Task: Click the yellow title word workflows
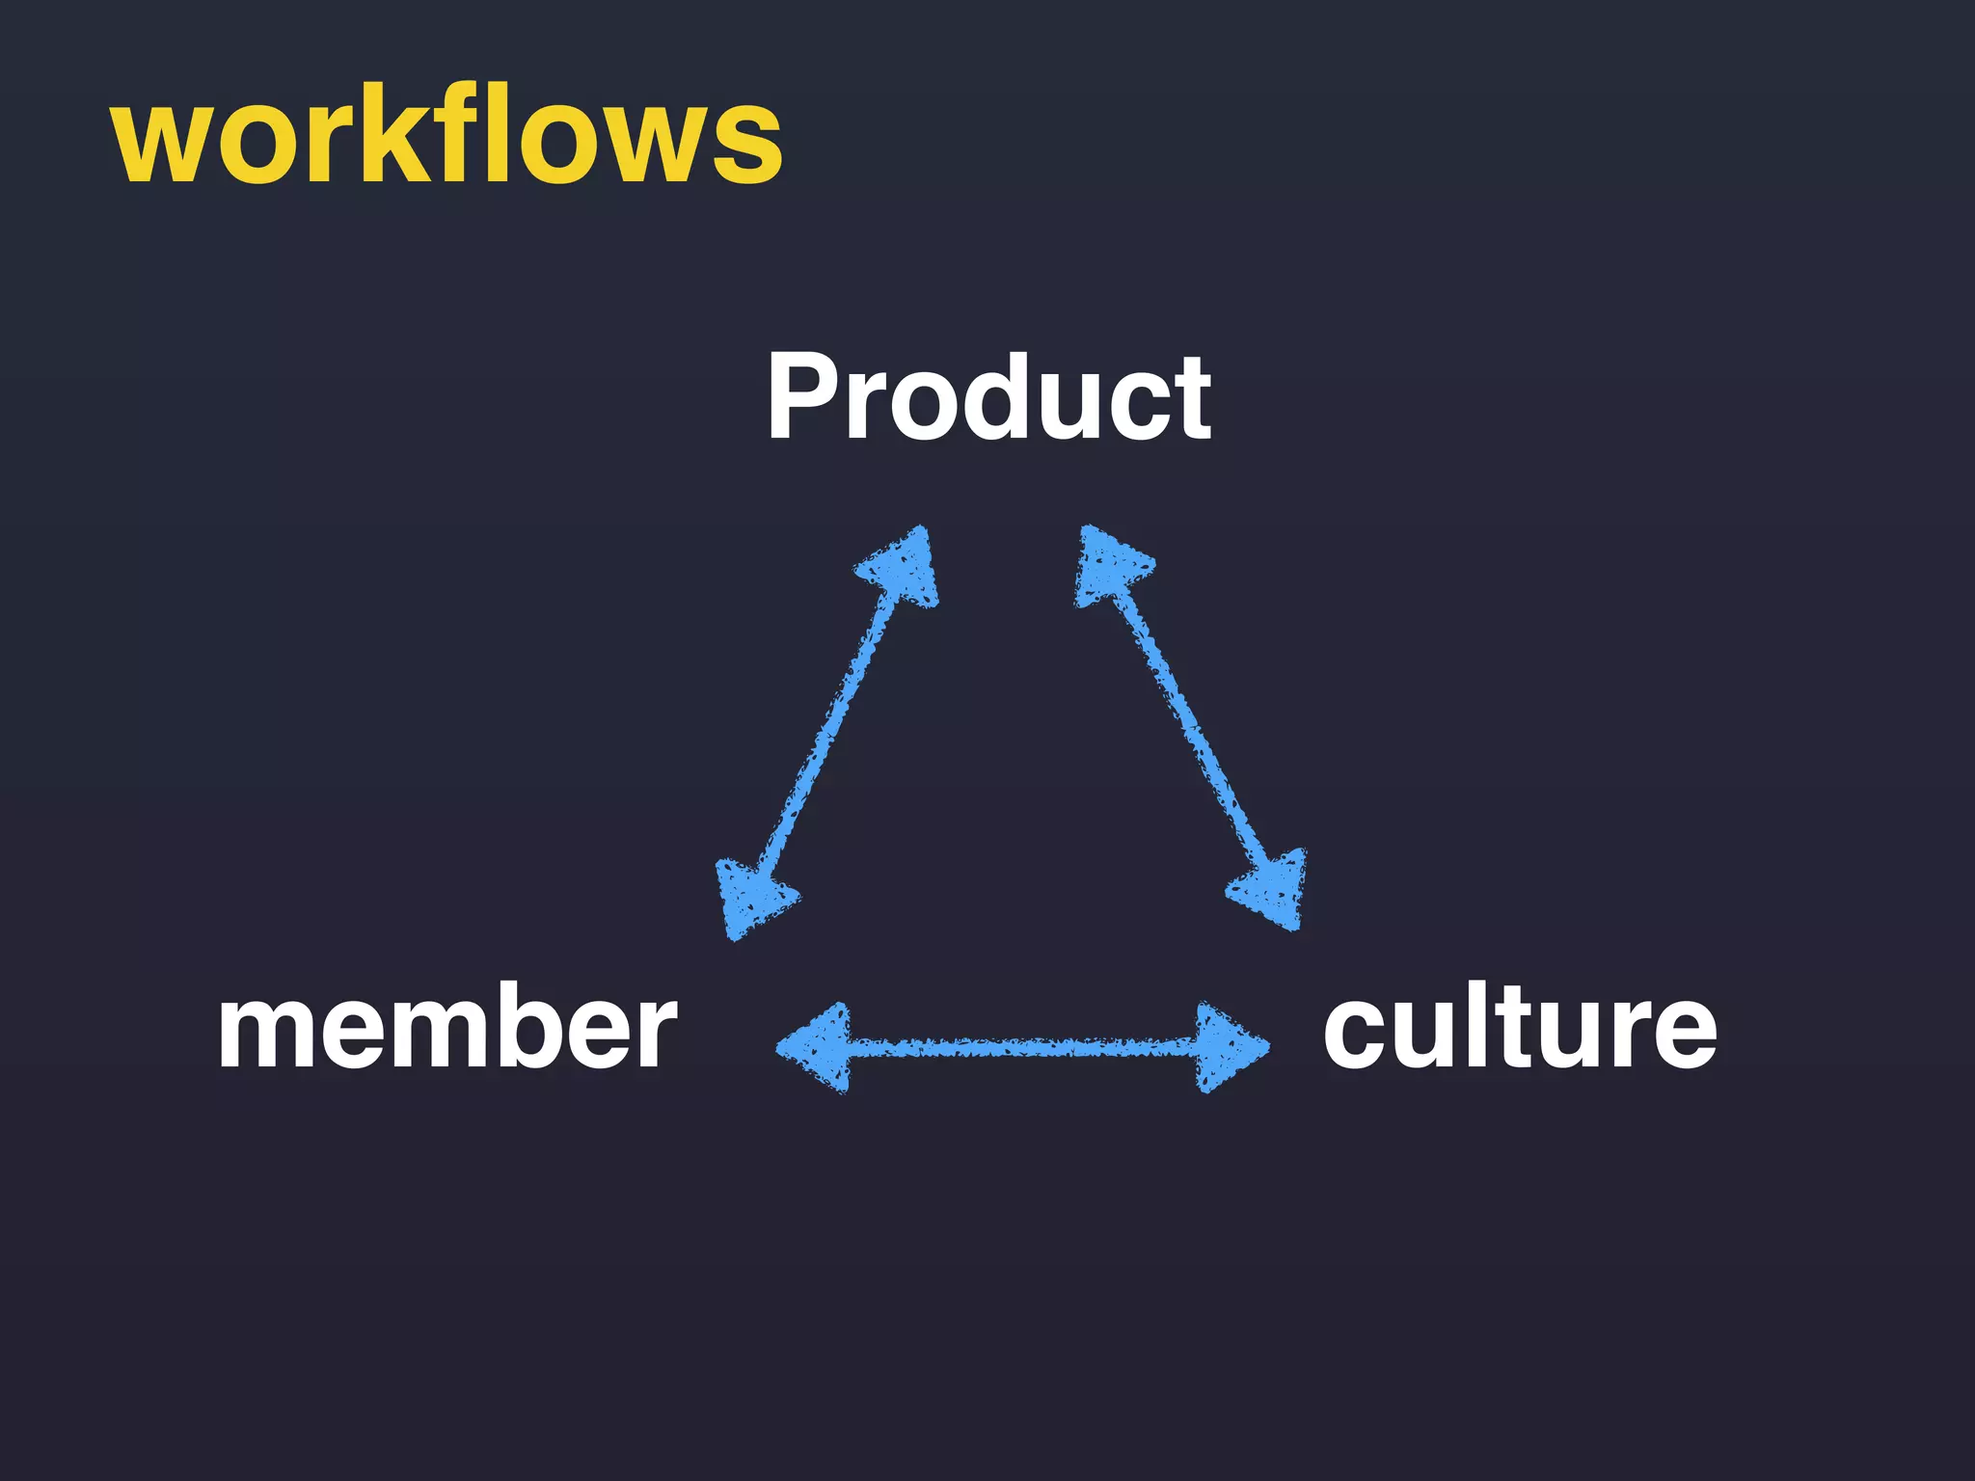coord(446,135)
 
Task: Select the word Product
coord(988,396)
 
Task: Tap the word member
coord(447,1028)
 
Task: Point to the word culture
coord(1519,1028)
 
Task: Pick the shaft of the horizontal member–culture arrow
coord(1022,1047)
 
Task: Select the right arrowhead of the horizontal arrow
coord(1227,1047)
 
